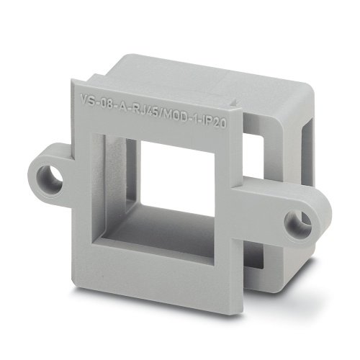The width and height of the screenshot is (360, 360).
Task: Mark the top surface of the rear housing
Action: pos(209,72)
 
